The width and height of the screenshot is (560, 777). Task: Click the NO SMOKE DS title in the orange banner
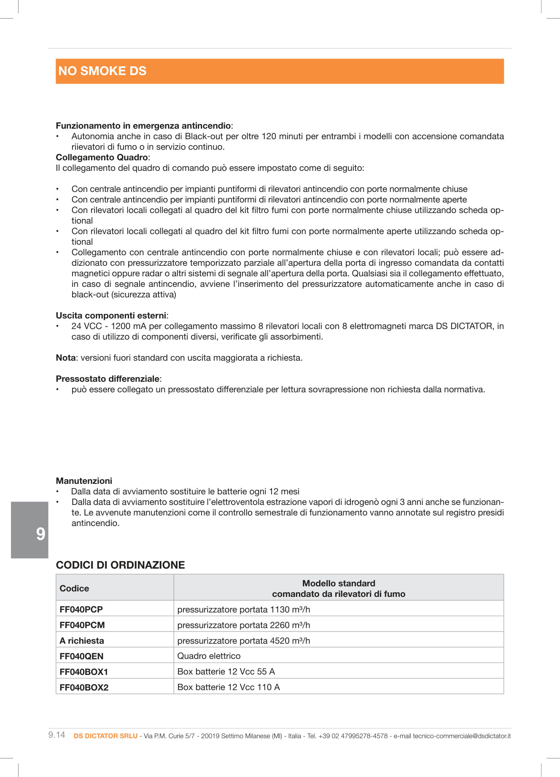coord(102,71)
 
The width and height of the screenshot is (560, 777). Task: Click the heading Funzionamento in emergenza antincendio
coord(143,126)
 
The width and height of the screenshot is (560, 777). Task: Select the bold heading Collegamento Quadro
coord(102,157)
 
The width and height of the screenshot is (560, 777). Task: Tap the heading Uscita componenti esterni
coord(111,316)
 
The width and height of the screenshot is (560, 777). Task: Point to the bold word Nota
coord(65,358)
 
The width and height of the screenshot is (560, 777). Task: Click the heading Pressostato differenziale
coord(108,379)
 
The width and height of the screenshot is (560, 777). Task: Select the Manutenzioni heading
coord(84,481)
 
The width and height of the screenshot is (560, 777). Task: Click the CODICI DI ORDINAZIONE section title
coord(120,565)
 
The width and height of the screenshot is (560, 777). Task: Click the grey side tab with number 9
coord(30,530)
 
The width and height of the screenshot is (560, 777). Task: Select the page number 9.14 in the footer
coord(57,735)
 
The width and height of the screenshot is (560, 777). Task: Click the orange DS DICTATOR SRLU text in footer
coord(105,736)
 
